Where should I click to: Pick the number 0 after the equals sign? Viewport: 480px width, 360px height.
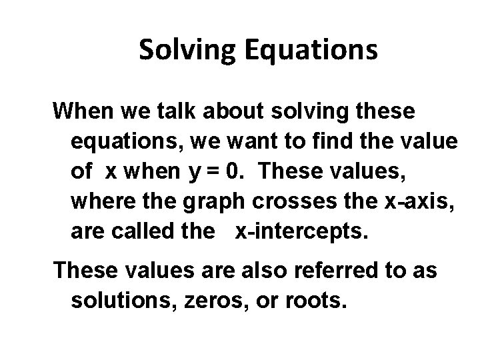[233, 171]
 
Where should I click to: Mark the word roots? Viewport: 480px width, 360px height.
[316, 301]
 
